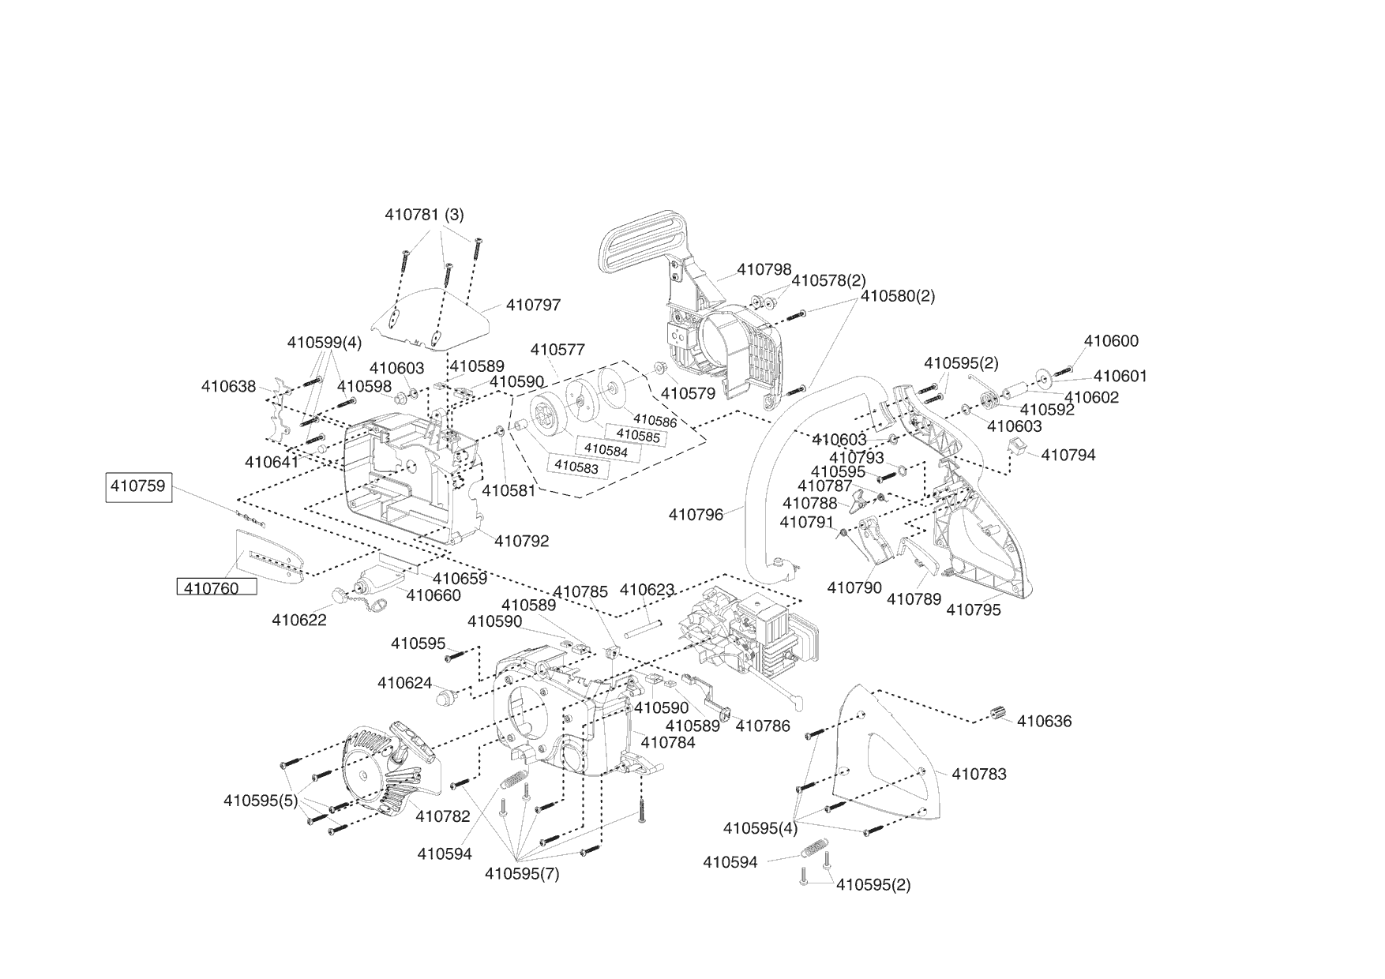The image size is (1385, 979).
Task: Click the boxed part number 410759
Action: [138, 486]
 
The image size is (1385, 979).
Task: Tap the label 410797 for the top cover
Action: [533, 305]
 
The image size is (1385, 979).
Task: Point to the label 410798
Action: [764, 270]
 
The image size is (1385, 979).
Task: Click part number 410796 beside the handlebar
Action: [696, 515]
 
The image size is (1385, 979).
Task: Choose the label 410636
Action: [1044, 722]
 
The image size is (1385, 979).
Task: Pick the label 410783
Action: [979, 775]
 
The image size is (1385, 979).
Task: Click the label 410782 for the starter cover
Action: [442, 816]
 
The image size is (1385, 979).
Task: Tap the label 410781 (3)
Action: [424, 215]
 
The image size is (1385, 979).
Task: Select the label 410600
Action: [1111, 341]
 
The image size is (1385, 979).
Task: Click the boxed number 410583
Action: [576, 467]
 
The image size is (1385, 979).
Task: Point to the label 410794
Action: [1068, 456]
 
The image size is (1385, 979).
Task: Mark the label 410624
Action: [404, 683]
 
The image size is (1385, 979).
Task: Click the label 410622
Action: [299, 621]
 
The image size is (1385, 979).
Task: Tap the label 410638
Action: [228, 387]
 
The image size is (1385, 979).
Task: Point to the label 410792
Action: [522, 542]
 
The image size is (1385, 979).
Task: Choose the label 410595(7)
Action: [522, 874]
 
